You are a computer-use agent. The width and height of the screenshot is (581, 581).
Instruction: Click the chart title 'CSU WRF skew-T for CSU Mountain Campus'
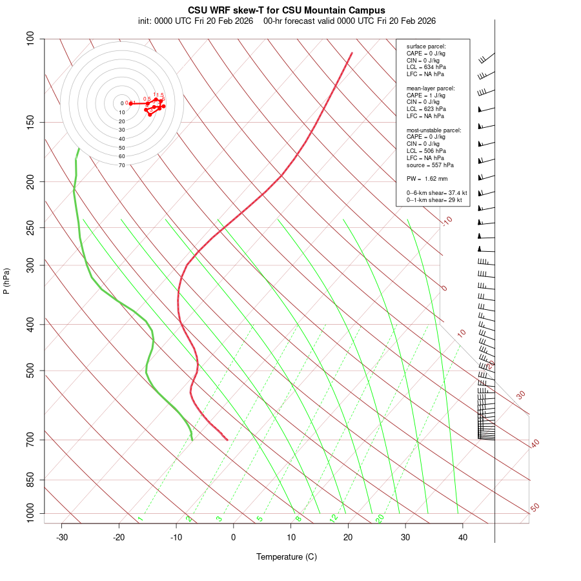coord(287,10)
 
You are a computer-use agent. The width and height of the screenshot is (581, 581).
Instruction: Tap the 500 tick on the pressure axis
coord(30,371)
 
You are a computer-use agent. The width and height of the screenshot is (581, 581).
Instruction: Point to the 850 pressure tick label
coord(30,480)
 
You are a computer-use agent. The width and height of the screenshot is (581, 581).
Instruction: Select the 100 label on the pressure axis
coord(30,39)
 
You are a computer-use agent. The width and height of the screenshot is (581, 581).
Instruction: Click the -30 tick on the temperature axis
coord(62,537)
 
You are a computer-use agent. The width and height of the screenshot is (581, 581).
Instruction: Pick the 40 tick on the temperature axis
coord(463,537)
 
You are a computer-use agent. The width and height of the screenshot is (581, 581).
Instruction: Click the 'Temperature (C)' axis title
coord(287,556)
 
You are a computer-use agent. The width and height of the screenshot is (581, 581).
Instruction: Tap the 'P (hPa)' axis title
coord(6,281)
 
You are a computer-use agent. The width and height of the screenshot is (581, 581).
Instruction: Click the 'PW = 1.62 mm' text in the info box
coord(427,179)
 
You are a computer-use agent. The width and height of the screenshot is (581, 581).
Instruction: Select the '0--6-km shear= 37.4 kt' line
coord(436,193)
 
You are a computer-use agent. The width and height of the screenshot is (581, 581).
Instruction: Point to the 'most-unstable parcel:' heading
coord(434,130)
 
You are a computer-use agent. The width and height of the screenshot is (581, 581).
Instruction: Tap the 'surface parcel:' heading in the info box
coord(426,46)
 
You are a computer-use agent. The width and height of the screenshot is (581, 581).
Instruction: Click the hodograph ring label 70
coord(122,165)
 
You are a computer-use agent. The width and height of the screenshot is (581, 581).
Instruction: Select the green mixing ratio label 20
coord(380,518)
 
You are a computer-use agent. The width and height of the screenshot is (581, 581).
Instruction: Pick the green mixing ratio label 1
coord(140,519)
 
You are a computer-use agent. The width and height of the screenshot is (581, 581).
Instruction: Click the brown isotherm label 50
coord(535,508)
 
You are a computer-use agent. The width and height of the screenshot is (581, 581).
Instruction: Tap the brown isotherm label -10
coord(447,221)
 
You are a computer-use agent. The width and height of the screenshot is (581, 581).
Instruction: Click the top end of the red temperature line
coord(352,53)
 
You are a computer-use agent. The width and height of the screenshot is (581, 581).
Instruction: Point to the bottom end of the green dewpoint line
coord(192,440)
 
